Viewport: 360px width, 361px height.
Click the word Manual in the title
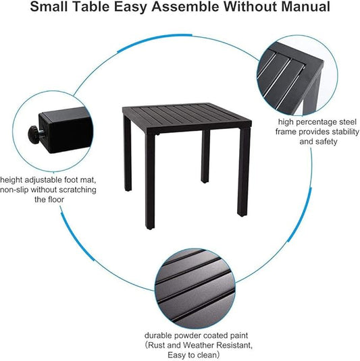point(305,7)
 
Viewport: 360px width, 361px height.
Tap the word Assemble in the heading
point(184,7)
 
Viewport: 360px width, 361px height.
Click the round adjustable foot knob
point(33,133)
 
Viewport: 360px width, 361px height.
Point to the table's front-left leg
point(150,182)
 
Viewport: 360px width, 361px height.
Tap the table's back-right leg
point(205,157)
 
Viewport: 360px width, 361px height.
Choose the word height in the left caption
point(11,179)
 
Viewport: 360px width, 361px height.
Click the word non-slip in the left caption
point(14,190)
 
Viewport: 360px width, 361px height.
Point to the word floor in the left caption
point(56,199)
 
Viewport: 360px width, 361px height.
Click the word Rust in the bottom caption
point(156,345)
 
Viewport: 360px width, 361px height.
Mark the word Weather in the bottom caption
point(196,345)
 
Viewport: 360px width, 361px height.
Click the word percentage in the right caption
point(315,122)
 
